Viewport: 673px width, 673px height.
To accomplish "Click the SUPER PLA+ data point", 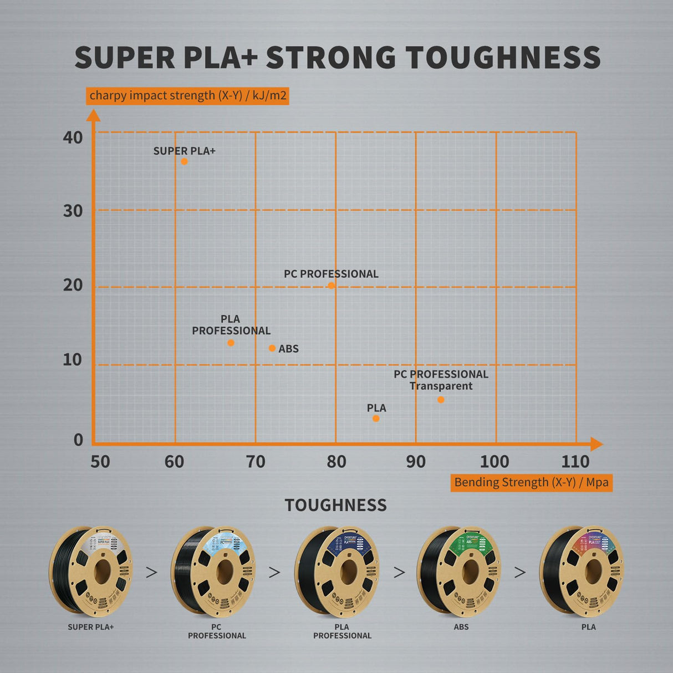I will click(x=184, y=161).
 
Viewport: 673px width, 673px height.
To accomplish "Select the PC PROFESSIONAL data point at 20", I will click(x=331, y=285).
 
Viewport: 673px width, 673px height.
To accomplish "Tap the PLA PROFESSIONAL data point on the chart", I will click(x=231, y=343).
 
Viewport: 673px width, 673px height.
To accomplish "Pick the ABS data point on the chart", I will click(x=272, y=348).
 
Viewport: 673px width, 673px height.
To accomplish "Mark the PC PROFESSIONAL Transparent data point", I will click(x=441, y=400).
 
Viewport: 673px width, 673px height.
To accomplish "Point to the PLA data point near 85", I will click(x=376, y=419).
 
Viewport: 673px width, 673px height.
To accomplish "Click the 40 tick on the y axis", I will click(x=73, y=137).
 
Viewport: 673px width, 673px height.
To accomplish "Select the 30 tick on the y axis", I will click(x=73, y=211).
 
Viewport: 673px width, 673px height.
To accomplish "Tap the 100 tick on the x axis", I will click(x=494, y=461).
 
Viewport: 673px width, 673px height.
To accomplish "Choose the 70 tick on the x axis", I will click(x=256, y=461).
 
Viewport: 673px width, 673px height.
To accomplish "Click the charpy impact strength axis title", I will click(x=188, y=95).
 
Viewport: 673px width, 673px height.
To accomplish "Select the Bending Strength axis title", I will click(x=531, y=482).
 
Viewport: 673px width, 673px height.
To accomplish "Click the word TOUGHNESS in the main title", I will click(x=503, y=58).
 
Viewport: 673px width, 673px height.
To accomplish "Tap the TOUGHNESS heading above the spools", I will click(x=336, y=505).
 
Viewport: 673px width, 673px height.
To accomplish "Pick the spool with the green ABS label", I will click(x=461, y=572).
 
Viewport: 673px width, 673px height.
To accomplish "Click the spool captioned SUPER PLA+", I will click(x=91, y=572).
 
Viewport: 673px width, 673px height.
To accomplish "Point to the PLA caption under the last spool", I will click(x=589, y=627).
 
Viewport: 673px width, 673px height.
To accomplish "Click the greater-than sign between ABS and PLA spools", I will click(x=520, y=572).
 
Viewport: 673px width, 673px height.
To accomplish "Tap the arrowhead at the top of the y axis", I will click(x=94, y=115).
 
